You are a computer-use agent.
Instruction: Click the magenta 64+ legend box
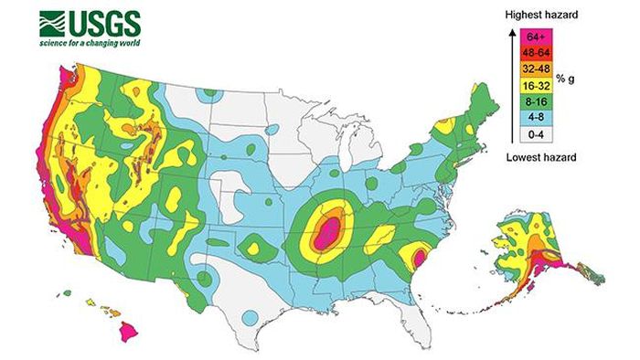[x=538, y=36]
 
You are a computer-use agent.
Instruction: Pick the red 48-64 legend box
[x=538, y=52]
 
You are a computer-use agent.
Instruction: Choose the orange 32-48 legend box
[x=538, y=69]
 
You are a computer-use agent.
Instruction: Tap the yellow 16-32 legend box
[x=538, y=85]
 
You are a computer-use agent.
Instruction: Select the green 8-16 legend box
[x=538, y=101]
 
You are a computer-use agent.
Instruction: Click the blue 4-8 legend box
[x=538, y=118]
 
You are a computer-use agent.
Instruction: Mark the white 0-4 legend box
[x=538, y=134]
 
